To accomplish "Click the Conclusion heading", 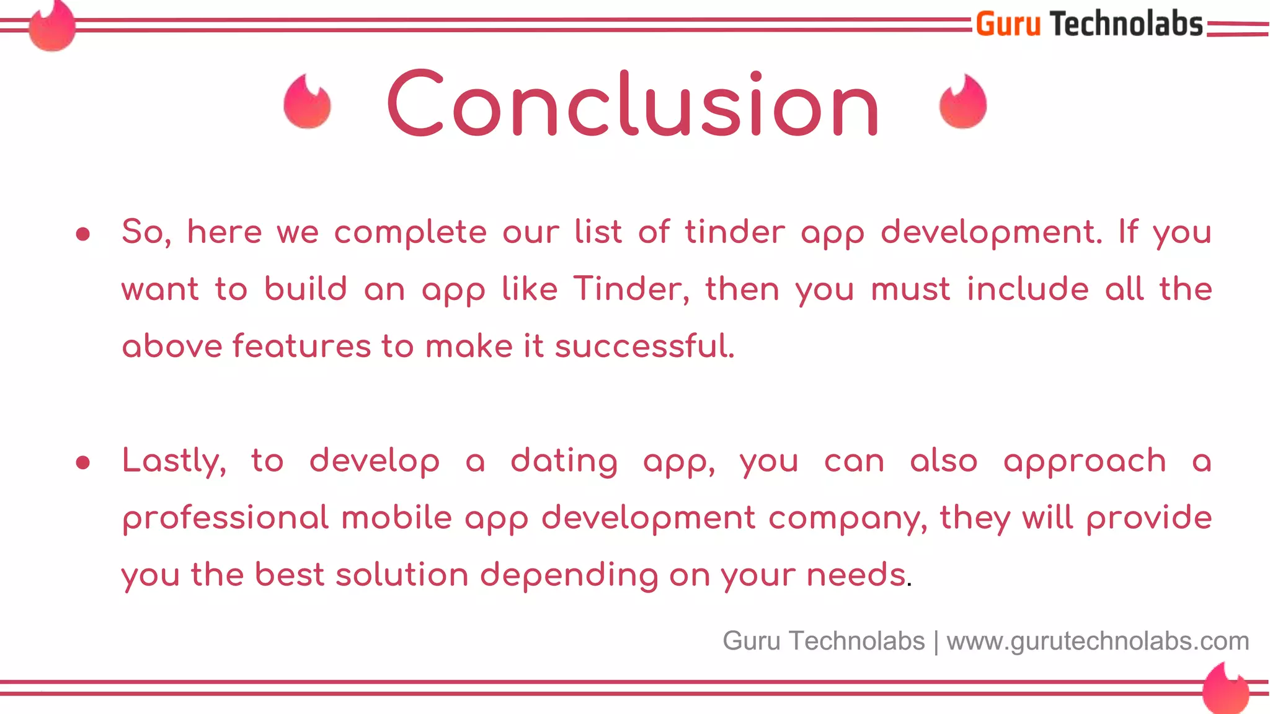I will pos(633,104).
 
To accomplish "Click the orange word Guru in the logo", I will pos(1008,25).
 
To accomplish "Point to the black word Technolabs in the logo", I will pos(1126,25).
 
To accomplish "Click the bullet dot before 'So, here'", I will pos(83,234).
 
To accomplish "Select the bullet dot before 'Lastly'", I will pos(83,463).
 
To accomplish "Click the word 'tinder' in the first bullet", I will pos(735,232).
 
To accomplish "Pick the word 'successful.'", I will pos(644,346).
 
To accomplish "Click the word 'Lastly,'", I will pos(174,462).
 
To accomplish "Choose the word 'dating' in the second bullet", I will pos(564,462).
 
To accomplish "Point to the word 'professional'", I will pos(225,519).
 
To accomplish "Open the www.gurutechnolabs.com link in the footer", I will pos(1098,641).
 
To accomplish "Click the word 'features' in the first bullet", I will pos(301,346).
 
